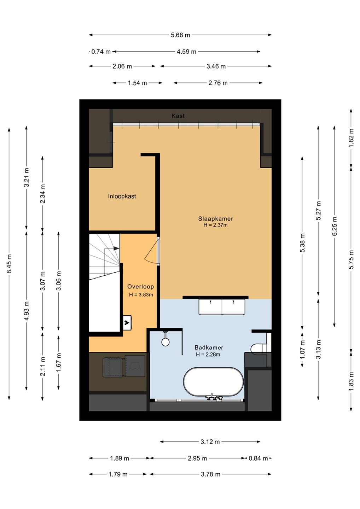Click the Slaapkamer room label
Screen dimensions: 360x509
(x=215, y=218)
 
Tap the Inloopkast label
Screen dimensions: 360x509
(x=122, y=196)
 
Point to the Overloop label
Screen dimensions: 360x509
(x=140, y=287)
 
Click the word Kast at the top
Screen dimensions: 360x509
(x=178, y=116)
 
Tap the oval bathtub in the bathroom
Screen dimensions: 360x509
(x=213, y=383)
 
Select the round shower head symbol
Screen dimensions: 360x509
(x=166, y=342)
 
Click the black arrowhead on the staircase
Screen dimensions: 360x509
(x=116, y=248)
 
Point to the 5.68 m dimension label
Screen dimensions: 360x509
(x=180, y=35)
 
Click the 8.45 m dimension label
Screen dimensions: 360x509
(x=9, y=264)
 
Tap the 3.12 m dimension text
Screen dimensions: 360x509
(x=210, y=442)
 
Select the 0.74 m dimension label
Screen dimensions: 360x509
(x=101, y=52)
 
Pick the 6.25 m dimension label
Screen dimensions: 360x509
(x=334, y=226)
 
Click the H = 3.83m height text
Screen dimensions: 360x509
(x=141, y=295)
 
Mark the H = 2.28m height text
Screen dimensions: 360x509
(x=208, y=355)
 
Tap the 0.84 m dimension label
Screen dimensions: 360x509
(x=258, y=458)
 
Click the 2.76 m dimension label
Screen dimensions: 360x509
(x=218, y=83)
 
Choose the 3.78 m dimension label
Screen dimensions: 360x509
(x=210, y=474)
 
